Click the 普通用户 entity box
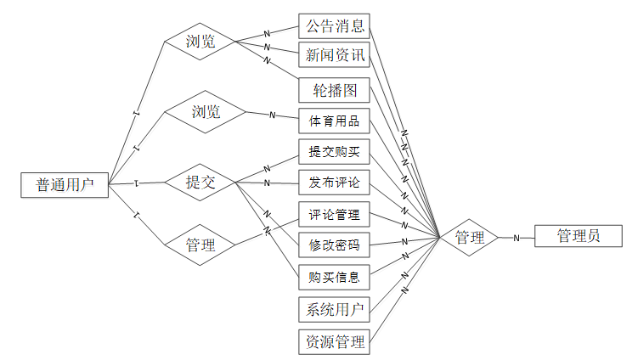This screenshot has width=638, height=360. (65, 184)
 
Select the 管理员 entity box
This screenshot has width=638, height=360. (578, 236)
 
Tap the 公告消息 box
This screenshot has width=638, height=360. (334, 25)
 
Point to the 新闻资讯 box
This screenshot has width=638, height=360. (334, 56)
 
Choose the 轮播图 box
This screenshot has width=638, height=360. (334, 88)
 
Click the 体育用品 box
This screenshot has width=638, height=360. (334, 121)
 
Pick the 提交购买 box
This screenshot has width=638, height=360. (334, 152)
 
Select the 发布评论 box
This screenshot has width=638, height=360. (334, 183)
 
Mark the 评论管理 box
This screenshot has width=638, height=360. (334, 215)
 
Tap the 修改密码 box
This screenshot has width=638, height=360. (334, 246)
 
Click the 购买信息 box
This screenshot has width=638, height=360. (334, 277)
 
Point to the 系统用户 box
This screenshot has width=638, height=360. (334, 309)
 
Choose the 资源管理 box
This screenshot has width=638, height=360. (334, 342)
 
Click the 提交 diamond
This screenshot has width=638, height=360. (200, 182)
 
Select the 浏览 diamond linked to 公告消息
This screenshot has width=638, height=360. (200, 42)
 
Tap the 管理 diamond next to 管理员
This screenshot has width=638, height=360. (470, 238)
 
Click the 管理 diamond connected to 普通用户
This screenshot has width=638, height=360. (200, 246)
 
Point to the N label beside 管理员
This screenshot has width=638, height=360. (516, 239)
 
